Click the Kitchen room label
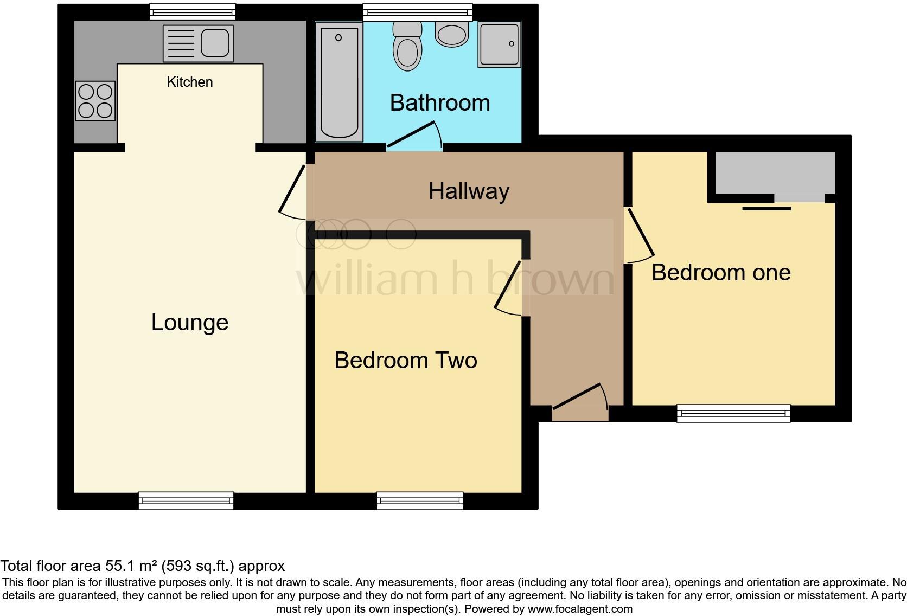click(189, 82)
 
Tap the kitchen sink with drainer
click(198, 43)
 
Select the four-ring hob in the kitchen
click(95, 101)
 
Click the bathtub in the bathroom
click(339, 82)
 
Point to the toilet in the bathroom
click(407, 46)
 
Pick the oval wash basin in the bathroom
click(451, 34)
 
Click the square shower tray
click(499, 44)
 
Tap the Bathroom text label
click(440, 102)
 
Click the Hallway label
click(469, 191)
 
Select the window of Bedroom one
click(733, 413)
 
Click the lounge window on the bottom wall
click(186, 501)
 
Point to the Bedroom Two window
click(420, 501)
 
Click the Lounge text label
click(189, 323)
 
